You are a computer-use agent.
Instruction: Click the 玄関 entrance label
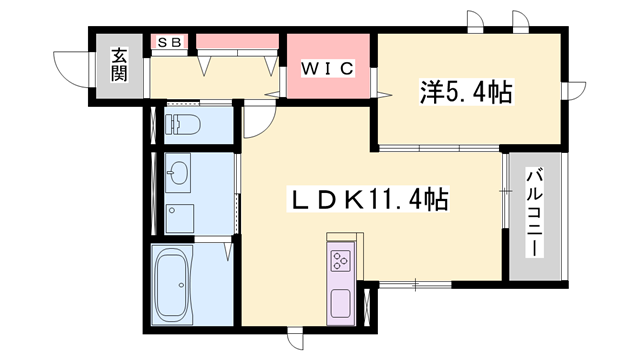(x=119, y=65)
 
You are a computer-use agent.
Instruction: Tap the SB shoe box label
(x=166, y=42)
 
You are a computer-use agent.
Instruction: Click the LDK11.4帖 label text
(x=364, y=201)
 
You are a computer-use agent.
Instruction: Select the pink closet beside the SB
(x=237, y=41)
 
